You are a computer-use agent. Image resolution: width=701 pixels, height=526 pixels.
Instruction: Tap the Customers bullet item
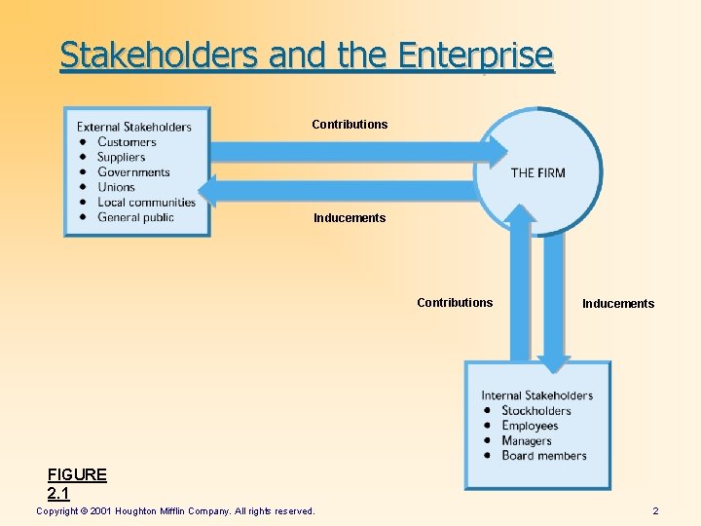coord(127,142)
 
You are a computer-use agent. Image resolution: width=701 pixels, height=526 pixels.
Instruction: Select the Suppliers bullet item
coord(121,157)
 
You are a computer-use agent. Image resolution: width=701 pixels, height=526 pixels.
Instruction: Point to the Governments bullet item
coord(133,172)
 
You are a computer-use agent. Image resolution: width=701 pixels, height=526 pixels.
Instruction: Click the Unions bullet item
coord(116,187)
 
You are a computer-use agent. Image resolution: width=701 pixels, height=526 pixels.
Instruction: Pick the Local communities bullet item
coord(146,203)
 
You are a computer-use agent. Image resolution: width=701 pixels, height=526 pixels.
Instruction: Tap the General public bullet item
coord(135,217)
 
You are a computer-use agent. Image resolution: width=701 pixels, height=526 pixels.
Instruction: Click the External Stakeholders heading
coord(134,127)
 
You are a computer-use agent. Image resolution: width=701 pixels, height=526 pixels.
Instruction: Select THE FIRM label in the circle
coord(537,173)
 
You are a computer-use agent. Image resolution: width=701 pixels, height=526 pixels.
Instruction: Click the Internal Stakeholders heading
coord(536,395)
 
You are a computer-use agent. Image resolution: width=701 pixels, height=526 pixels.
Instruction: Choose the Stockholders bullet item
coord(535,410)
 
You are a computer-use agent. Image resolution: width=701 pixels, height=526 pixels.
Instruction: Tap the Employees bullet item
coord(530,426)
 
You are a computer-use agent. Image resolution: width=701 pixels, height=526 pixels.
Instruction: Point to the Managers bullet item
coord(526,440)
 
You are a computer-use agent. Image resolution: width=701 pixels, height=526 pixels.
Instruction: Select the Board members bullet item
coord(543,456)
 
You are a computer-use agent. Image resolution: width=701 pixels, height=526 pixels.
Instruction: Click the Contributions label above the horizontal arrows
coord(350,125)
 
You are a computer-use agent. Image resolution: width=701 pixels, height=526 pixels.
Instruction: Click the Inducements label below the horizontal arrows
coord(350,218)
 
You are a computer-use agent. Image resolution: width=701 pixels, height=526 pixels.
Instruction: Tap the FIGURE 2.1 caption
coord(77,484)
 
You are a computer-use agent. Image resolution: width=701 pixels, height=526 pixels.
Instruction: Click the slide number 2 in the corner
coord(655,511)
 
